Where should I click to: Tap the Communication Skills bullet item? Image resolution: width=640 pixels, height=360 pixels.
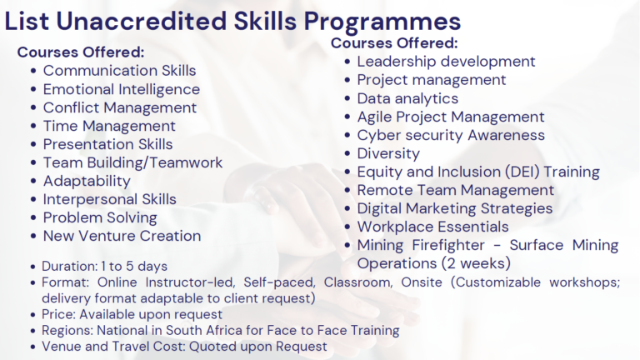119,71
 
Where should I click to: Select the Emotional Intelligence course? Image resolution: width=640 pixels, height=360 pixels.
121,89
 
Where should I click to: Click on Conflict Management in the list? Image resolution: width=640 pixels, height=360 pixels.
120,107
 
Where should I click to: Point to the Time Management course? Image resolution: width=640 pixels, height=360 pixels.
109,126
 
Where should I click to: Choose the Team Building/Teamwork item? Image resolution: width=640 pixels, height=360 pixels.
132,162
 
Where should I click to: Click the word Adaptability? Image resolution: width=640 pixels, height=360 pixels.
87,181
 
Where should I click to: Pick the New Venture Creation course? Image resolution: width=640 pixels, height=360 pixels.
122,236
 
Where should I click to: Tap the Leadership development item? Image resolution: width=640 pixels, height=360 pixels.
446,62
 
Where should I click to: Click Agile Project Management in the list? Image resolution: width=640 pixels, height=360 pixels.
450,117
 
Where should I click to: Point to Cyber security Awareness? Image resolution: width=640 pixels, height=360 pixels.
451,135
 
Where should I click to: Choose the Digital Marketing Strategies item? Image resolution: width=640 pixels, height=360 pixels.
454,208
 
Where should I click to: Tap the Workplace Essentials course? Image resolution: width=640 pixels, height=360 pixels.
432,227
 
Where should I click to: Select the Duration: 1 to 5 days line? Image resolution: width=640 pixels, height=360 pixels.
104,267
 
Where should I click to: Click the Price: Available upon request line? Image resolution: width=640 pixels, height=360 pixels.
132,315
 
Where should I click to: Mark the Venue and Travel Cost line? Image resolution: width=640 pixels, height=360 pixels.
184,347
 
